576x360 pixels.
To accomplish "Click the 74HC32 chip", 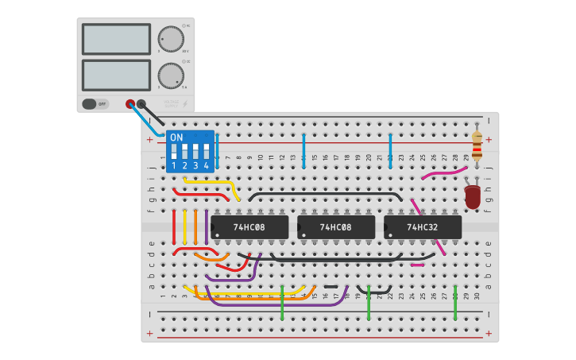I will [x=423, y=227].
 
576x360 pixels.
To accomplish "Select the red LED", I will [x=472, y=196].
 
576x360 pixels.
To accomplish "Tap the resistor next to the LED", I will [x=477, y=145].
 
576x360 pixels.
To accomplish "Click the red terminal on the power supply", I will [x=130, y=103].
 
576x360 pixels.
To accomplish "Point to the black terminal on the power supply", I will [x=141, y=103].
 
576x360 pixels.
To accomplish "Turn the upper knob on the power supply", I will [x=170, y=39].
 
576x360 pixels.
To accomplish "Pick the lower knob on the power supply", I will [x=170, y=75].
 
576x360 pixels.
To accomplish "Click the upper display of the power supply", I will [x=116, y=39].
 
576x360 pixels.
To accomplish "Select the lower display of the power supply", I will [x=116, y=75].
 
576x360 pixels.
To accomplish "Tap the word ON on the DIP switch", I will [x=176, y=137].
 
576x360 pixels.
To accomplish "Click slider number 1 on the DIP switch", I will [x=174, y=150].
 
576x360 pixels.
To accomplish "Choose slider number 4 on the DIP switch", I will [x=206, y=150].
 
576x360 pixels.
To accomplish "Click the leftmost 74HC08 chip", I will [x=249, y=227].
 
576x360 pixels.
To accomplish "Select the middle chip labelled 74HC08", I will [x=336, y=227].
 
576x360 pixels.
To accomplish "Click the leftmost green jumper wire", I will [x=282, y=302].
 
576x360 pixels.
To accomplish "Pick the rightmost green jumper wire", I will [x=455, y=302].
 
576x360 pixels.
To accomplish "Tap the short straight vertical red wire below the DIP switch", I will [x=174, y=226].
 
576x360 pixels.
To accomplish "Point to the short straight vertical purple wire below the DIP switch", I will [x=207, y=226].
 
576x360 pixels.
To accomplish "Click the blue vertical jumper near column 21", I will [x=390, y=150].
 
